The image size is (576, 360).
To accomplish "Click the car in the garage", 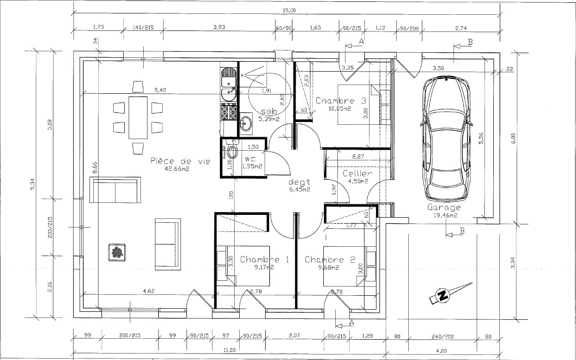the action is pos(446,139).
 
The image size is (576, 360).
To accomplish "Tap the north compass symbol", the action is pos(443,295).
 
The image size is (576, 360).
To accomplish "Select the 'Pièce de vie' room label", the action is pos(180,161).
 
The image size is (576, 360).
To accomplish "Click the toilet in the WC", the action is pos(232,152).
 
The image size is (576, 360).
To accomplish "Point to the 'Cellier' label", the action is pos(358,173).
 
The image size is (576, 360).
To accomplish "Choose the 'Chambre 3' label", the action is pos(341,101).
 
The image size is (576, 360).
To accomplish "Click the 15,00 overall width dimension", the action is pos(289,10).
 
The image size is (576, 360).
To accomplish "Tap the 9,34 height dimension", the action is pos(33,184).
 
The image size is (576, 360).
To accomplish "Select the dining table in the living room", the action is pos(138,117).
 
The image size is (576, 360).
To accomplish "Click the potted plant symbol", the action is pos(117,252).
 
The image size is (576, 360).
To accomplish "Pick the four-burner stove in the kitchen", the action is pos(229,111).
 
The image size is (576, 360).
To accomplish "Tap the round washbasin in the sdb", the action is pos(246,124).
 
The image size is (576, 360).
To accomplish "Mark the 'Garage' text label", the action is pos(444,207).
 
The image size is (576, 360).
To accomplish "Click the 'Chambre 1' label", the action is pos(264,259).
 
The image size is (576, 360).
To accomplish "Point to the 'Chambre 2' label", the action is pos(330,260).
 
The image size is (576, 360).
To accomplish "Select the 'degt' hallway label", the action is pos(300,182).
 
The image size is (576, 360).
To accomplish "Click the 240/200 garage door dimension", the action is pos(443,336).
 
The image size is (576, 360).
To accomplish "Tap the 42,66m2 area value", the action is pos(177,169).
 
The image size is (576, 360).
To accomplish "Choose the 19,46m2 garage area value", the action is pos(445,215).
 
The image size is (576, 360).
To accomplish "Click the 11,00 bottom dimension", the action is pos(230,350).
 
